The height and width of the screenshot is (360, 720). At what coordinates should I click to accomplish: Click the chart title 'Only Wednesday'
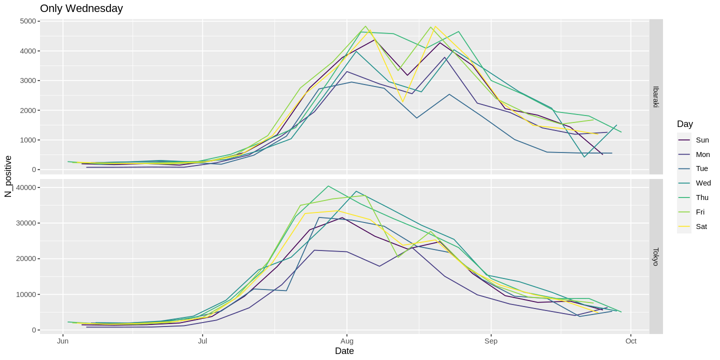81,8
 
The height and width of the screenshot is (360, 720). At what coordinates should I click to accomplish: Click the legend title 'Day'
684,124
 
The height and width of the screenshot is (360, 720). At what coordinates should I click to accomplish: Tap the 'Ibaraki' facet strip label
656,97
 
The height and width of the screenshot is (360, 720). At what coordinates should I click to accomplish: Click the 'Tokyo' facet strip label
656,256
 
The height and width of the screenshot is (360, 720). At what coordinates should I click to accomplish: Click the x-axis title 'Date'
344,351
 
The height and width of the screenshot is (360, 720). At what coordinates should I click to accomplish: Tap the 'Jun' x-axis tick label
63,341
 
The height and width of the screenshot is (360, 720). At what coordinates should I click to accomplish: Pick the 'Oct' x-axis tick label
631,341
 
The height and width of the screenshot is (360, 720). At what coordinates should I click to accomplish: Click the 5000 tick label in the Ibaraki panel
28,21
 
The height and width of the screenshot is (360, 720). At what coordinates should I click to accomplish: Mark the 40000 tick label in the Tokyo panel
26,187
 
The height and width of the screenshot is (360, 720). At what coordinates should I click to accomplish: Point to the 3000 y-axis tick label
28,80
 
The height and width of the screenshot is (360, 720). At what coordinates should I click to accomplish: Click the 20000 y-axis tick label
26,258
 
